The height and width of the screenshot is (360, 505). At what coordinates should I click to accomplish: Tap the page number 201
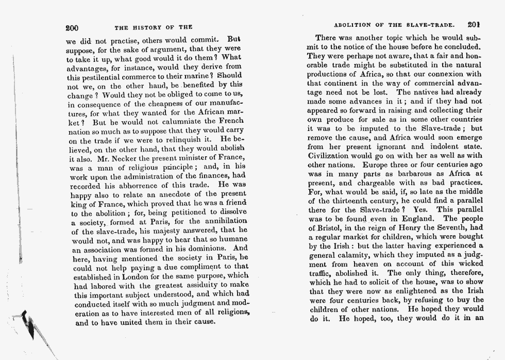[x=474, y=24]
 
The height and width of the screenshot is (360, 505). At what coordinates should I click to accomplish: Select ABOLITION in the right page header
[x=354, y=24]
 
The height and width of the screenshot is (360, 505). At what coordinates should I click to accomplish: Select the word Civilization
[x=330, y=155]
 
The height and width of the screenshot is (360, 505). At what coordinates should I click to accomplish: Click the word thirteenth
[x=358, y=201]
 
